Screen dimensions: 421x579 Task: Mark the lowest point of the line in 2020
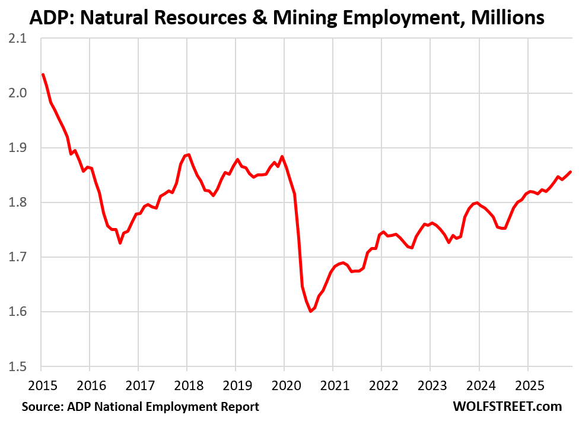310,311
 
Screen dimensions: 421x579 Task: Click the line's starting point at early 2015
43,75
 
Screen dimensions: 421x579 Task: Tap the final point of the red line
570,172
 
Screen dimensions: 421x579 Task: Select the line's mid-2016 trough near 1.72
120,242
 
